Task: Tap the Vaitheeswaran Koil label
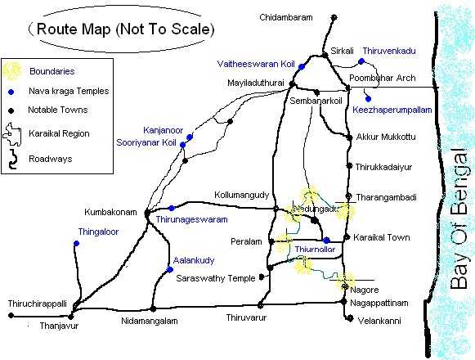click(257, 63)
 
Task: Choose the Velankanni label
click(381, 321)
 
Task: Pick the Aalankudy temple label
click(194, 260)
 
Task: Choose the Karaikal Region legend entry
click(57, 133)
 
